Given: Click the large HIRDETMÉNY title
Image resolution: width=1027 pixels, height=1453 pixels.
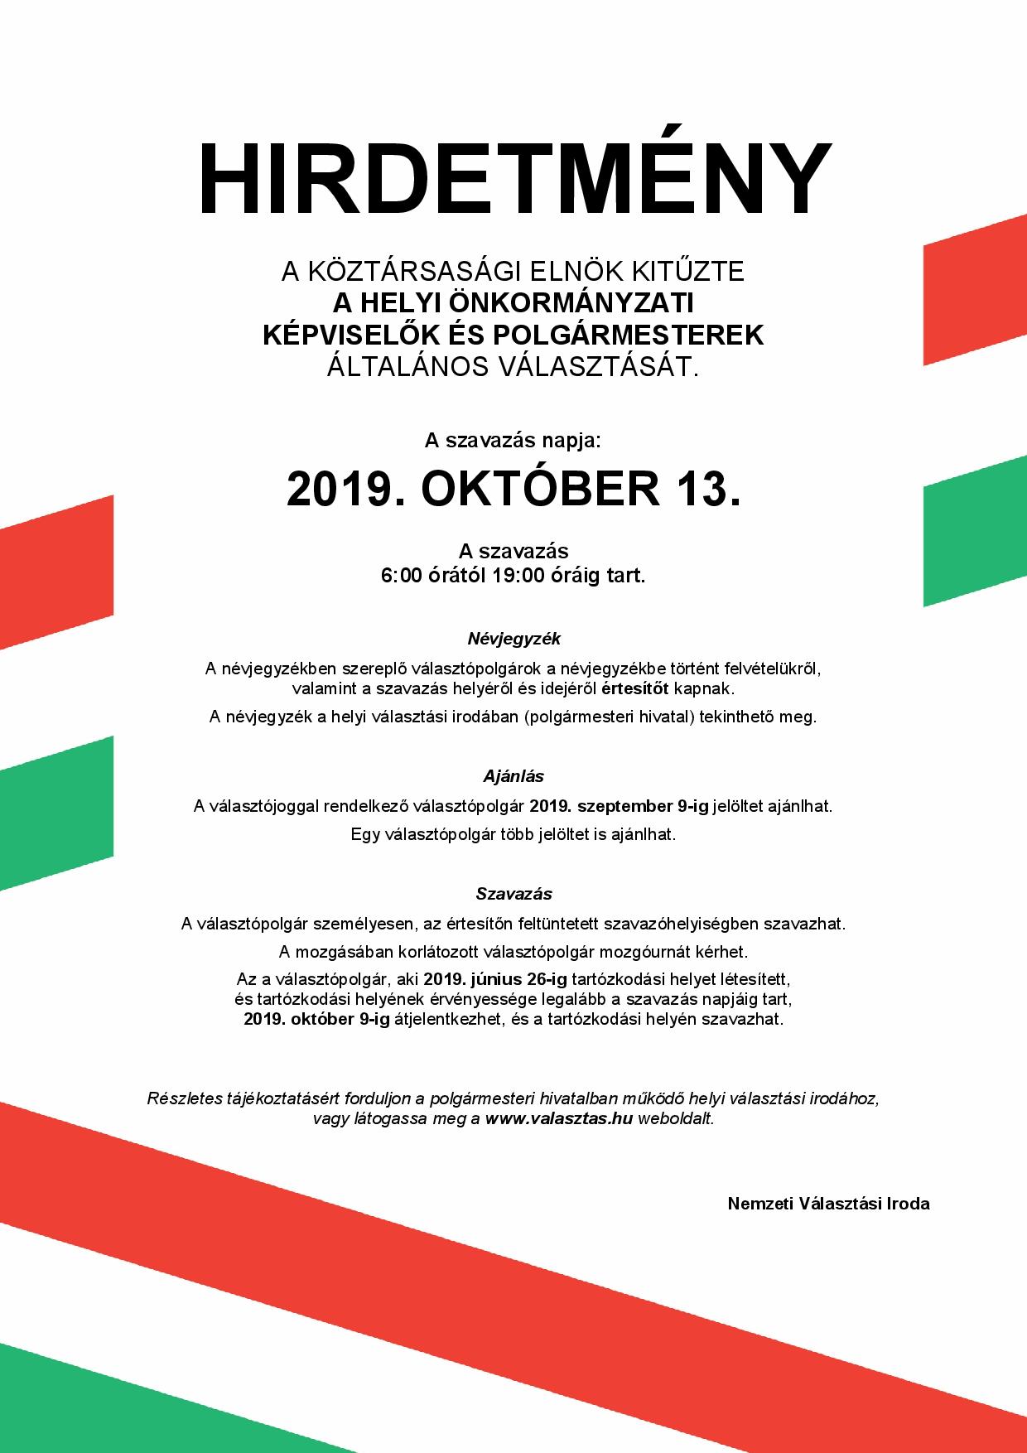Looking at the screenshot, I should [x=513, y=178].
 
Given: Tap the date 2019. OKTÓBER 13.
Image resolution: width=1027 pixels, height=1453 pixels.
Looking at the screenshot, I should [x=513, y=489].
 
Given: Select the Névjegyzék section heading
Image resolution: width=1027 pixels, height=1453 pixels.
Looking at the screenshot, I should [x=513, y=639].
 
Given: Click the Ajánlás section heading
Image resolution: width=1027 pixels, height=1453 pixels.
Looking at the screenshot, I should [x=513, y=776].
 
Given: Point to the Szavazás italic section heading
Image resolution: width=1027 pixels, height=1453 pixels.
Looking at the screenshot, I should [x=513, y=894].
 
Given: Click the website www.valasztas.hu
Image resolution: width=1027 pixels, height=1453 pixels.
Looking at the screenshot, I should [x=559, y=1118].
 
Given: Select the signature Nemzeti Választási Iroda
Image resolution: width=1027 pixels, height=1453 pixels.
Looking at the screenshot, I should [x=828, y=1204].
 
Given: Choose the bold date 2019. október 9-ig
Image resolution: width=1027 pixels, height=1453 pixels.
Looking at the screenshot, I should [x=316, y=1019].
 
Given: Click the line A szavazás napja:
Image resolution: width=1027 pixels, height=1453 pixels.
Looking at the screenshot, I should [x=513, y=442].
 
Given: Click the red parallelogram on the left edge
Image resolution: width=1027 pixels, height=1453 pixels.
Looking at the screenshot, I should [x=56, y=572].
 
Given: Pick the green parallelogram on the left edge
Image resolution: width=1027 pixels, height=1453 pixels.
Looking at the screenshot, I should [x=56, y=812].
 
